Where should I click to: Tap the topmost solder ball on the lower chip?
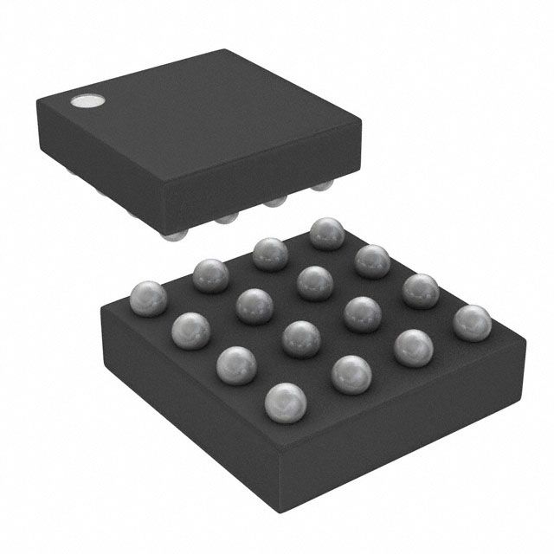coord(326,233)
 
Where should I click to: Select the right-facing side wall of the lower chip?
coord(407,415)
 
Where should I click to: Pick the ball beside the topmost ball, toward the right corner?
coord(372,260)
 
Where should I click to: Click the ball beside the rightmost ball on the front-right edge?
coord(414,347)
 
